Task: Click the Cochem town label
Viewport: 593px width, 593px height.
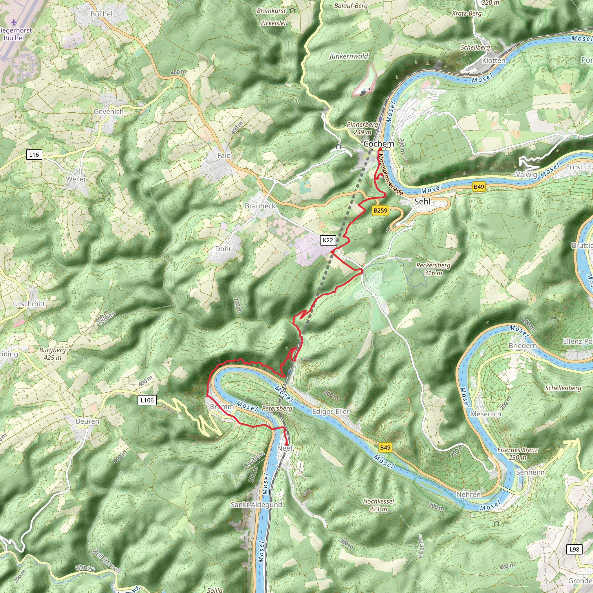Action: click(x=378, y=144)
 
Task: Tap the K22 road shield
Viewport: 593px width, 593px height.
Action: click(x=328, y=240)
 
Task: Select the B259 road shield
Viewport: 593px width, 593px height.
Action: click(x=380, y=210)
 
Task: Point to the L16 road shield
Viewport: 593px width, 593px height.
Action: click(x=34, y=154)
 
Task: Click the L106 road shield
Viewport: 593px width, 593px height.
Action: click(x=147, y=400)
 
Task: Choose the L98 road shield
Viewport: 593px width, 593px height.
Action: click(x=574, y=549)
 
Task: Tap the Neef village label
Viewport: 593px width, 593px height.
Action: click(x=285, y=448)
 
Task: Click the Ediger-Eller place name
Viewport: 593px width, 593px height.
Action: click(x=331, y=412)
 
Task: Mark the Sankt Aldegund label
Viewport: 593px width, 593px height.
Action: click(x=256, y=505)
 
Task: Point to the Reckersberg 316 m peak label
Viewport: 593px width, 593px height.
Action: click(x=433, y=269)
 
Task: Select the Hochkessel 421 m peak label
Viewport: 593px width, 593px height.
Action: click(x=378, y=505)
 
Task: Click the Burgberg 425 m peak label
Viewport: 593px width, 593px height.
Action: click(x=52, y=354)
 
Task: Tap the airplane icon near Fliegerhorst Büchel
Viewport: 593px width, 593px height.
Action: click(x=14, y=22)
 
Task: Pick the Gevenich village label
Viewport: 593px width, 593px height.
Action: click(x=109, y=112)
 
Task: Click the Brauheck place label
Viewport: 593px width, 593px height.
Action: click(x=260, y=206)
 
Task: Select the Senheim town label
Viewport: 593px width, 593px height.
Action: click(x=530, y=472)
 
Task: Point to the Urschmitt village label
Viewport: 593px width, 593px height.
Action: click(x=29, y=304)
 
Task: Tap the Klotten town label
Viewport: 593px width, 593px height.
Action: click(x=493, y=61)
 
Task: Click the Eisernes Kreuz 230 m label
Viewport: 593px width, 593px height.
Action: click(x=517, y=453)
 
